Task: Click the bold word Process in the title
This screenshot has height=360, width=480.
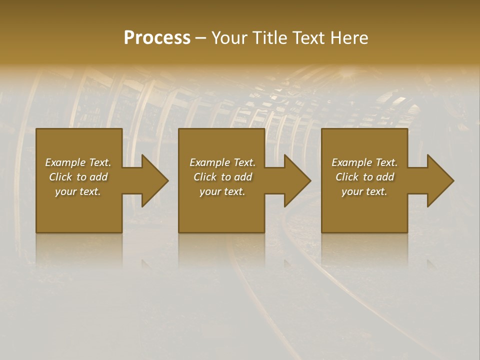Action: click(x=157, y=38)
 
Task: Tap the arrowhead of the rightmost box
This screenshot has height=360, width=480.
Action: click(x=439, y=180)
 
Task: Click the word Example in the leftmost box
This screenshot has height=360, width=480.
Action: click(x=65, y=162)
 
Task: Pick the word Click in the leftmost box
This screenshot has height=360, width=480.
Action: click(x=61, y=177)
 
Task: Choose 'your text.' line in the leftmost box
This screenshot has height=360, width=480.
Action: click(x=78, y=191)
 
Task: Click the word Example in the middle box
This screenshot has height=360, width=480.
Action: click(x=209, y=162)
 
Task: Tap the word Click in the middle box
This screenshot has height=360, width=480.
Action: click(x=205, y=177)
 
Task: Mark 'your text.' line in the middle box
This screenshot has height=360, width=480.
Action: click(x=222, y=191)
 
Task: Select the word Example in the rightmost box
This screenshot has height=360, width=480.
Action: click(x=351, y=162)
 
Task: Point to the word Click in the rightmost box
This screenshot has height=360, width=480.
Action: click(x=347, y=177)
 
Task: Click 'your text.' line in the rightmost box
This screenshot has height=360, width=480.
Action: click(x=364, y=191)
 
